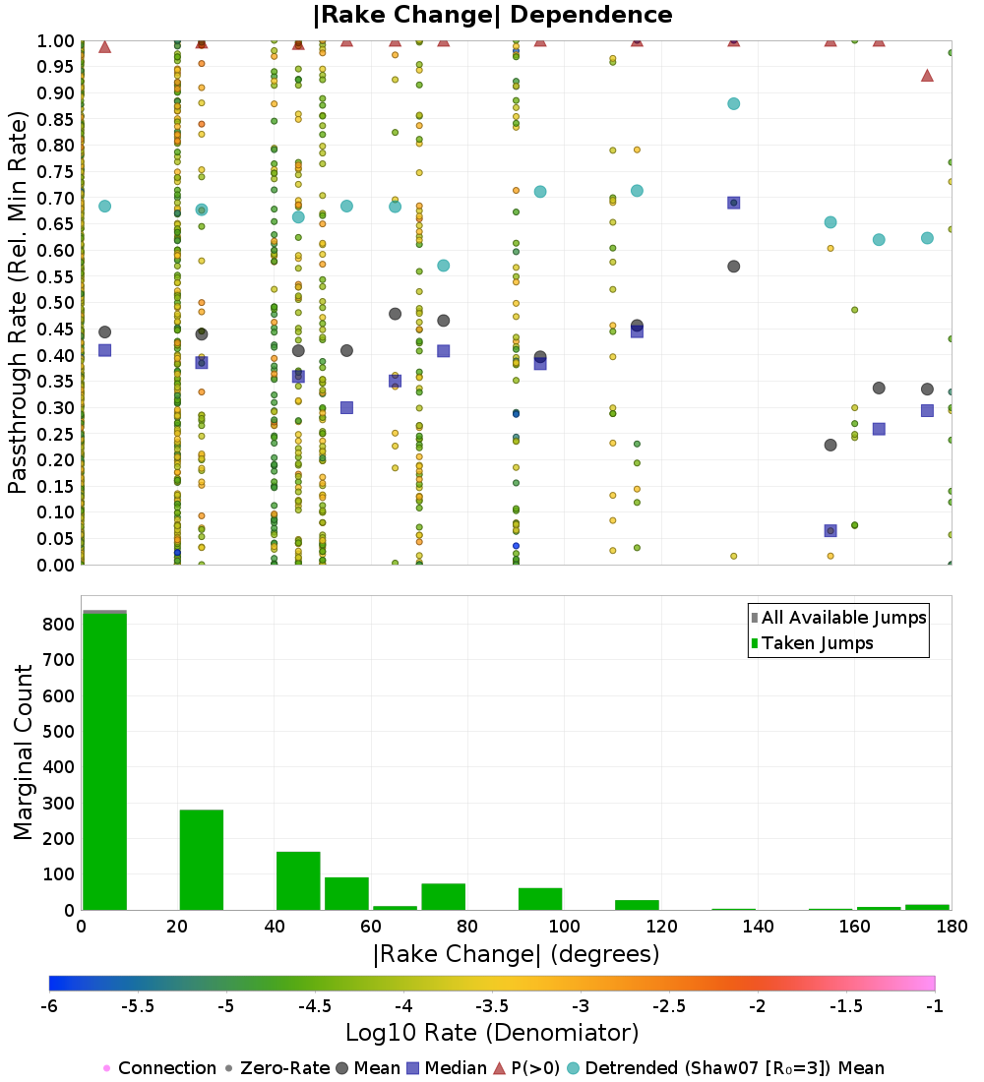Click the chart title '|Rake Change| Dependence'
tap(492, 15)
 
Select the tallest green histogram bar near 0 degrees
tap(105, 761)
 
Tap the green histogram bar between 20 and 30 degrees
tap(202, 860)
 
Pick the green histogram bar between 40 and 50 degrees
tap(298, 881)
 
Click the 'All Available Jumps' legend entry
tap(838, 618)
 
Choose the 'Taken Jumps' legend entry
tap(812, 643)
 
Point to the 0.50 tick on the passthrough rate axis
tap(55, 303)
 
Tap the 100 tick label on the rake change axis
tap(564, 926)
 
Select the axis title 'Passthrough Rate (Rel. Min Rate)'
tap(18, 302)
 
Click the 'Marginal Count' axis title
tap(23, 752)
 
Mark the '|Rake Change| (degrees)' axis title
tap(517, 954)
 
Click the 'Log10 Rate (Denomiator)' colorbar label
tap(492, 1032)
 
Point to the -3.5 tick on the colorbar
tap(492, 1006)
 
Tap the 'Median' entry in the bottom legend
tap(448, 1068)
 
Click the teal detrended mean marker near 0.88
tap(733, 103)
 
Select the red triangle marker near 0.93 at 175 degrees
tap(927, 75)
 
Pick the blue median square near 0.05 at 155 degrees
tap(830, 530)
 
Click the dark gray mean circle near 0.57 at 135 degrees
tap(733, 267)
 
